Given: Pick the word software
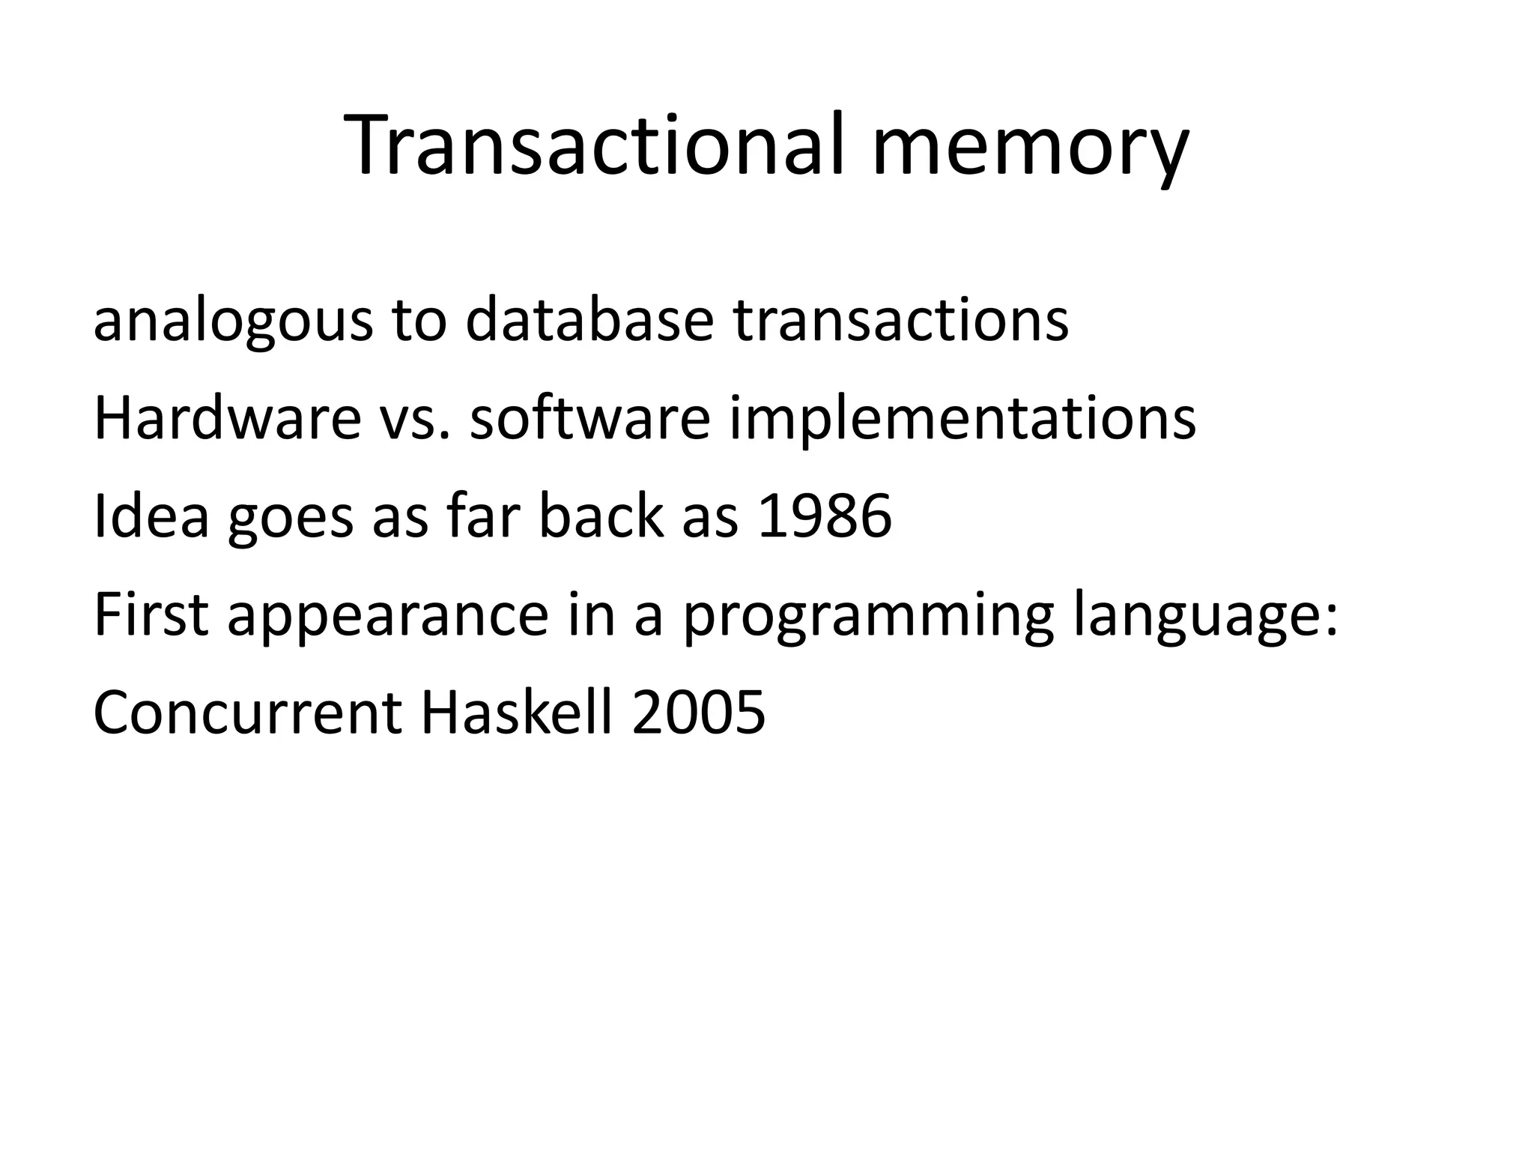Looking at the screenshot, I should click(589, 418).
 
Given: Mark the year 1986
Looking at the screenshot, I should click(825, 516).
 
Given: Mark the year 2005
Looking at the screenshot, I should click(698, 713).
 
